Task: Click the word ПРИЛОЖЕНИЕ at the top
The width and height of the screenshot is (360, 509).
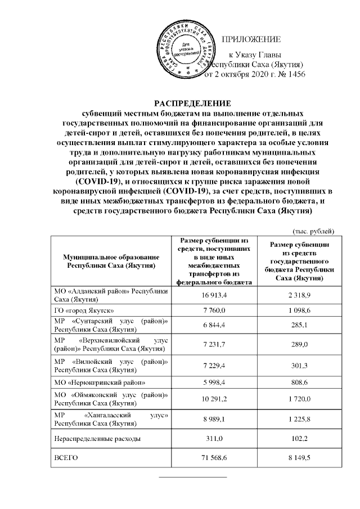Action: [x=252, y=39]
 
